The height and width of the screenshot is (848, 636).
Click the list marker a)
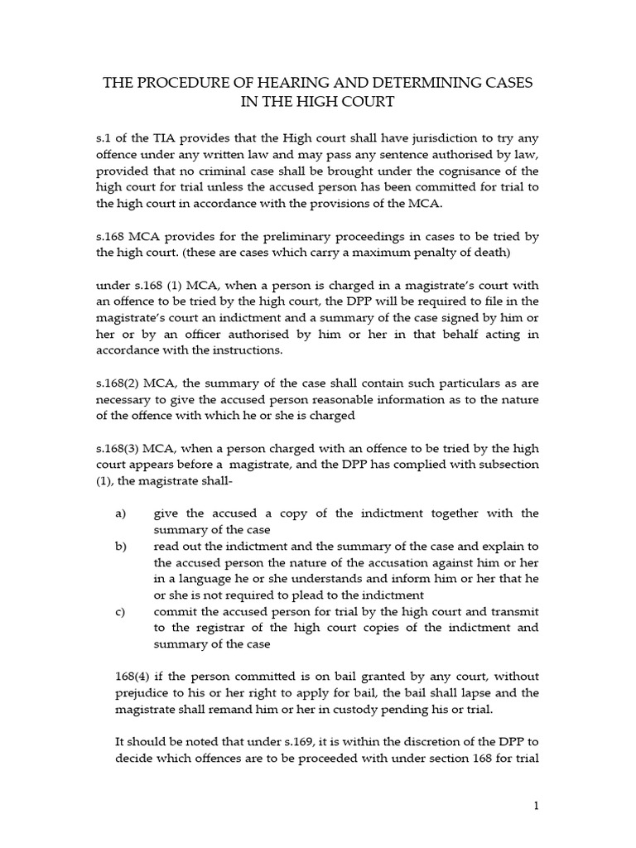pyautogui.click(x=121, y=513)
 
